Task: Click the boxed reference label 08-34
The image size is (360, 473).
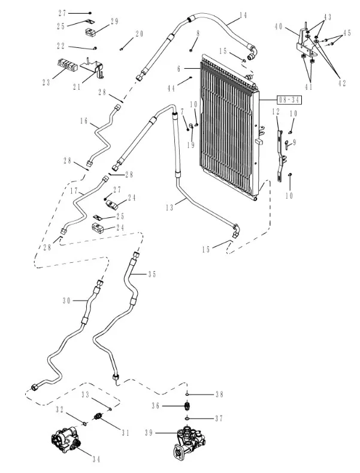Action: pyautogui.click(x=289, y=100)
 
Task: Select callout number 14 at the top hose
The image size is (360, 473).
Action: pyautogui.click(x=243, y=15)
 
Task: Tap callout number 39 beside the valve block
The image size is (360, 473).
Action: pyautogui.click(x=149, y=432)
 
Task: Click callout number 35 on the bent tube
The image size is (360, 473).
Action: pyautogui.click(x=152, y=274)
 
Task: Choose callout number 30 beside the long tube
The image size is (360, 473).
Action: pyautogui.click(x=66, y=300)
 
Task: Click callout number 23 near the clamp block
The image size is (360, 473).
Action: pyautogui.click(x=46, y=82)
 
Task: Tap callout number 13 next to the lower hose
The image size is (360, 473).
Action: pyautogui.click(x=170, y=207)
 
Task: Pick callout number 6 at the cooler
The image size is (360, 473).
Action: pyautogui.click(x=178, y=70)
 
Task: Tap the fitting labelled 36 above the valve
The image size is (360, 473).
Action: pyautogui.click(x=187, y=407)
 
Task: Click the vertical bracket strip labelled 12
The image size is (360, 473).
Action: pyautogui.click(x=280, y=150)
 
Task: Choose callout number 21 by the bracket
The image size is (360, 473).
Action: pyautogui.click(x=77, y=86)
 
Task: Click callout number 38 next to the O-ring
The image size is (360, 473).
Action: pyautogui.click(x=219, y=394)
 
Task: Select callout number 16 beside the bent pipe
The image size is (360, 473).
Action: pyautogui.click(x=84, y=122)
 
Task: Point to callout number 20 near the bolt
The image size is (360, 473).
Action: pyautogui.click(x=140, y=34)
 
